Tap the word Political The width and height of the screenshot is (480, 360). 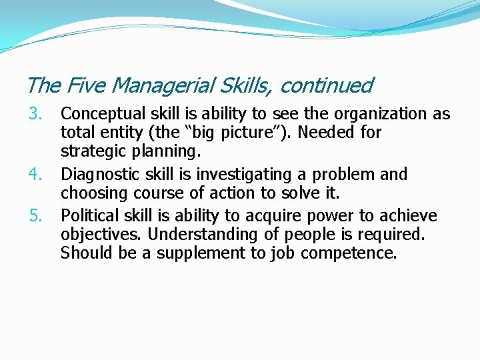click(87, 216)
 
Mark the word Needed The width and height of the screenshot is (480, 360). click(327, 132)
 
